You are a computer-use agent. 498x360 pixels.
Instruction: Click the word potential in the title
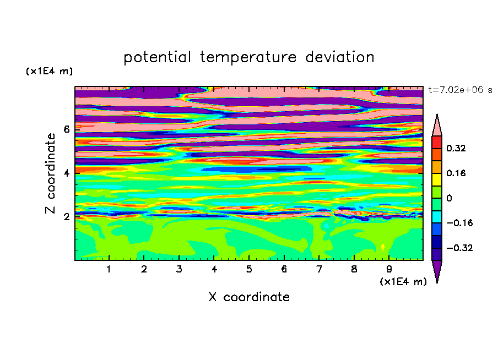coord(158,57)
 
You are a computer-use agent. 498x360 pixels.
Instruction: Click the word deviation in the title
coord(340,57)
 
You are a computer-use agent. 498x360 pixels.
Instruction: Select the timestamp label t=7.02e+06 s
coord(460,90)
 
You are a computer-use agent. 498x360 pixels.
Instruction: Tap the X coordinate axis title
coord(249,297)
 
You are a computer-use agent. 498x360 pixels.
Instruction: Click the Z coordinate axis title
coord(50,173)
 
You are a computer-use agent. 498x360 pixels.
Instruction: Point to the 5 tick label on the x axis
coord(249,269)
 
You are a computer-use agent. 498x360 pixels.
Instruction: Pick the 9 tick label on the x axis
coord(389,269)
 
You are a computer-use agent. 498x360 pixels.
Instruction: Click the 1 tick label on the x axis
coord(109,269)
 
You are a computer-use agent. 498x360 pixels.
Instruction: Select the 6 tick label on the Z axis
coord(66,129)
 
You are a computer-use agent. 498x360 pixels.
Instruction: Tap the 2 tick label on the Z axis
coord(66,217)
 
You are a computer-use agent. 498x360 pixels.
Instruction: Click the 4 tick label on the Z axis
coord(66,173)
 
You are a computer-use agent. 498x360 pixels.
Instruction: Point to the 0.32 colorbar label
coord(456,148)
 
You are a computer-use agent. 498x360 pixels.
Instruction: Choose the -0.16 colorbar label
coord(459,223)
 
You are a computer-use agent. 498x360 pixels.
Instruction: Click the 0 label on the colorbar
coord(449,198)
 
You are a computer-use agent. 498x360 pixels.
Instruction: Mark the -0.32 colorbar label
coord(459,248)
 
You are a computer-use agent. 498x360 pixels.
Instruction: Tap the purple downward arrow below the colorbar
coord(437,270)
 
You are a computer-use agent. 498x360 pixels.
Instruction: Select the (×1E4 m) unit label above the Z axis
coord(49,71)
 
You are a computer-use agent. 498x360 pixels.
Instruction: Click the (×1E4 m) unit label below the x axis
coord(403,282)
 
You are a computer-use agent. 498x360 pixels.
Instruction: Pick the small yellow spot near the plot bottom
coord(383,247)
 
